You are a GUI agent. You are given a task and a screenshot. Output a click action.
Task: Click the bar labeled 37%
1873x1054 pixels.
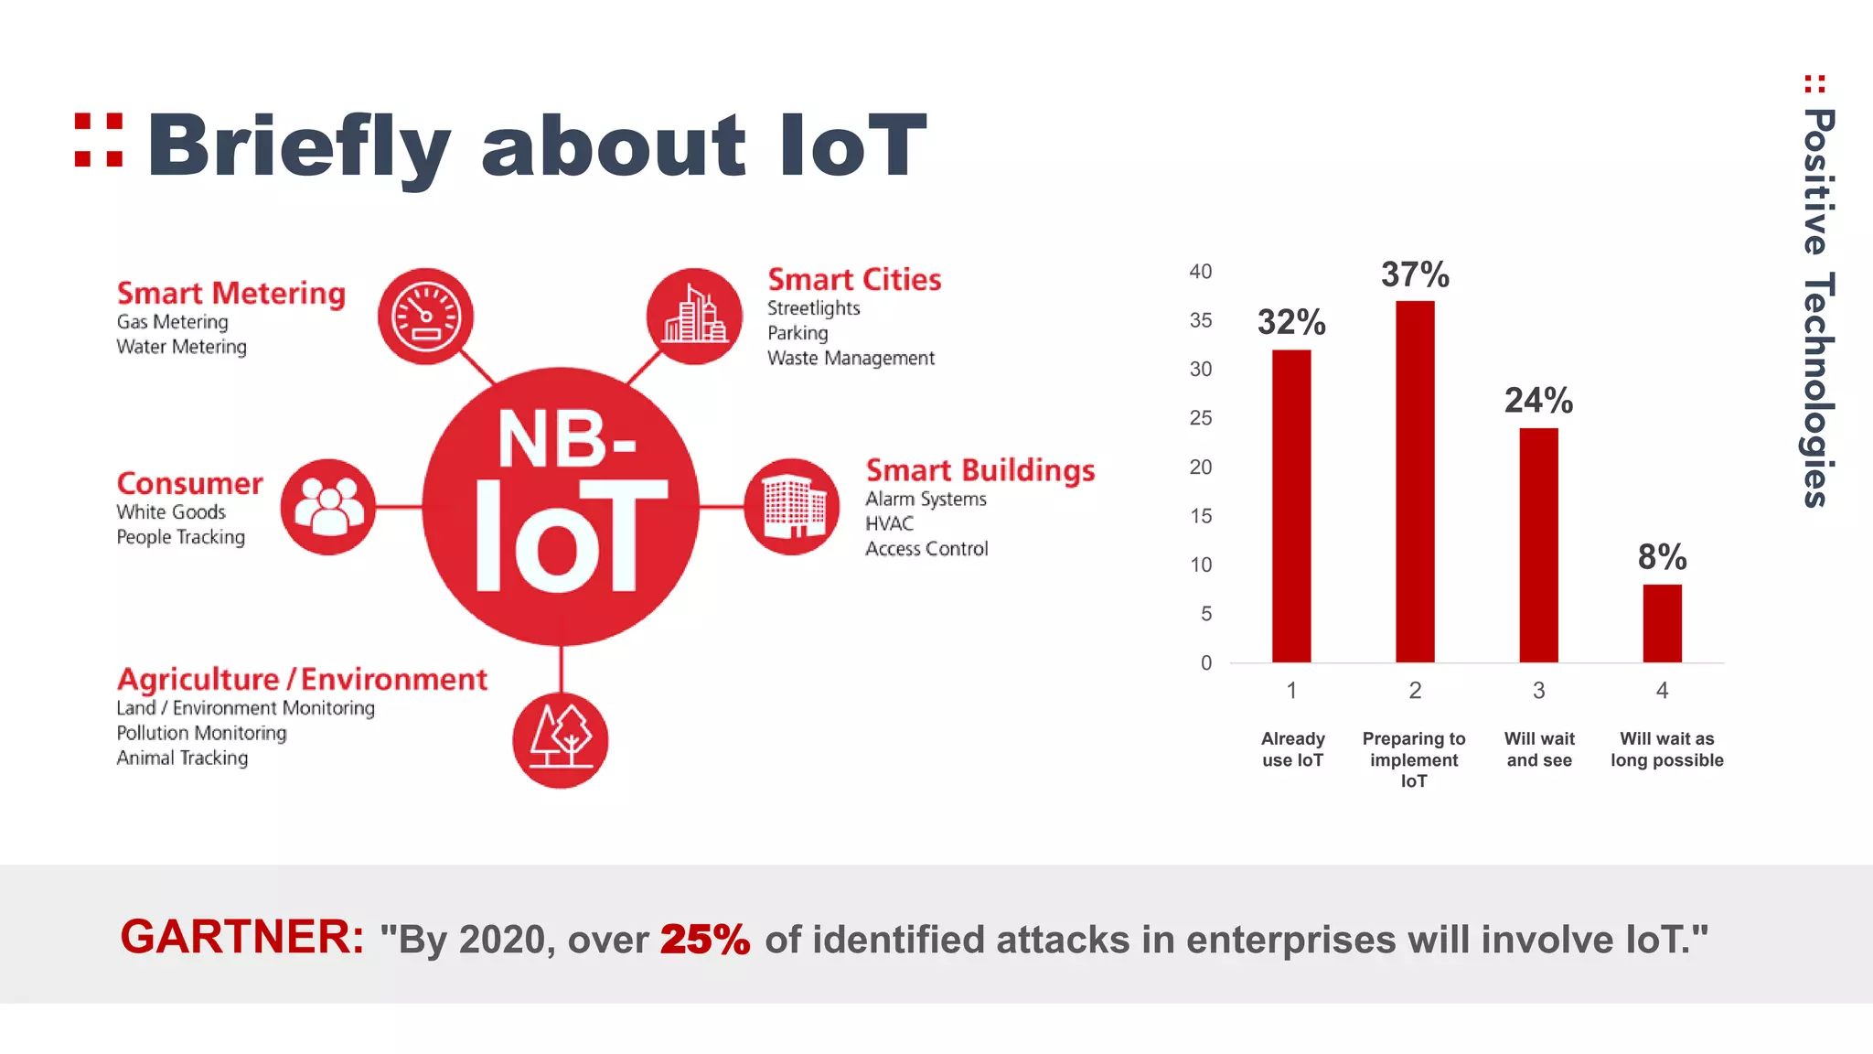pos(1414,481)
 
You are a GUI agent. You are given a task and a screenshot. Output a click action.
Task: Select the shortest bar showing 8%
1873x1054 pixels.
pos(1662,623)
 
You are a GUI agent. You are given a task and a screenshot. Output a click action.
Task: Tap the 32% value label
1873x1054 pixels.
pos(1290,322)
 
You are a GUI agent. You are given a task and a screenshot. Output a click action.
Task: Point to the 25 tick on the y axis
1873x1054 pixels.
pos(1200,418)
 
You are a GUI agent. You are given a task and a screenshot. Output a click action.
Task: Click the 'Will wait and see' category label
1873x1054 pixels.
pos(1539,749)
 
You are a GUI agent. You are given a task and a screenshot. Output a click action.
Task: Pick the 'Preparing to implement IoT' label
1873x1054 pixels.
pos(1413,759)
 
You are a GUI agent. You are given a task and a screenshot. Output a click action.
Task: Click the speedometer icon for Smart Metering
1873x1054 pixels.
pos(425,317)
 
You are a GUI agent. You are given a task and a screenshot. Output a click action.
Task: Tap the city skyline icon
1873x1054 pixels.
pos(694,317)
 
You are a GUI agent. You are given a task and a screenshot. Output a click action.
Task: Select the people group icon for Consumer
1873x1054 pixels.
pos(328,507)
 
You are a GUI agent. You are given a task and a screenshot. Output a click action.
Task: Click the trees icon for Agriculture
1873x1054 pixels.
pos(560,740)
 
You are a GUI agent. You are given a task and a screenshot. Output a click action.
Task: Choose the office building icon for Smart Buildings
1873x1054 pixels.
pos(792,507)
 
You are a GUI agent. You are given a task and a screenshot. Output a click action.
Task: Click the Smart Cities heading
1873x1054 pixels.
pos(853,280)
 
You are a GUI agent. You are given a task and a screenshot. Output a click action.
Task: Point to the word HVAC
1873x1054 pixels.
pos(889,524)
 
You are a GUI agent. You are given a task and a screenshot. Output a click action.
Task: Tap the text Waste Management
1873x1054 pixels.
pos(850,359)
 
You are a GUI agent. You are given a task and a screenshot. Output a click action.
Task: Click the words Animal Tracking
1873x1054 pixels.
pos(182,758)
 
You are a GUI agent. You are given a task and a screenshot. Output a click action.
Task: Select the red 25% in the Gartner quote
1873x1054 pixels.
pos(704,940)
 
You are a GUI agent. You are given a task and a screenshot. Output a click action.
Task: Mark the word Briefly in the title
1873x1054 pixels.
pos(298,146)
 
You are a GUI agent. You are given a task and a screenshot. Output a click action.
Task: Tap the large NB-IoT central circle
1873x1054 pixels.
pos(561,506)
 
